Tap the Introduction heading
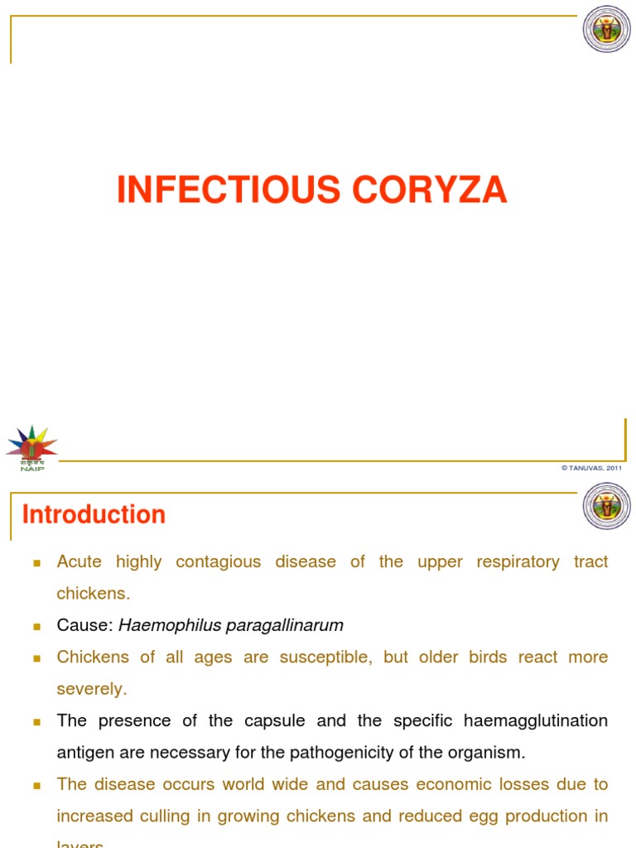click(94, 515)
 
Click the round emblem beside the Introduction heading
click(606, 505)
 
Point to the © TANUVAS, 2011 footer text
click(591, 468)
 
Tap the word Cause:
click(84, 625)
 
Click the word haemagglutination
click(537, 720)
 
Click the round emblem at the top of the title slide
click(606, 29)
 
